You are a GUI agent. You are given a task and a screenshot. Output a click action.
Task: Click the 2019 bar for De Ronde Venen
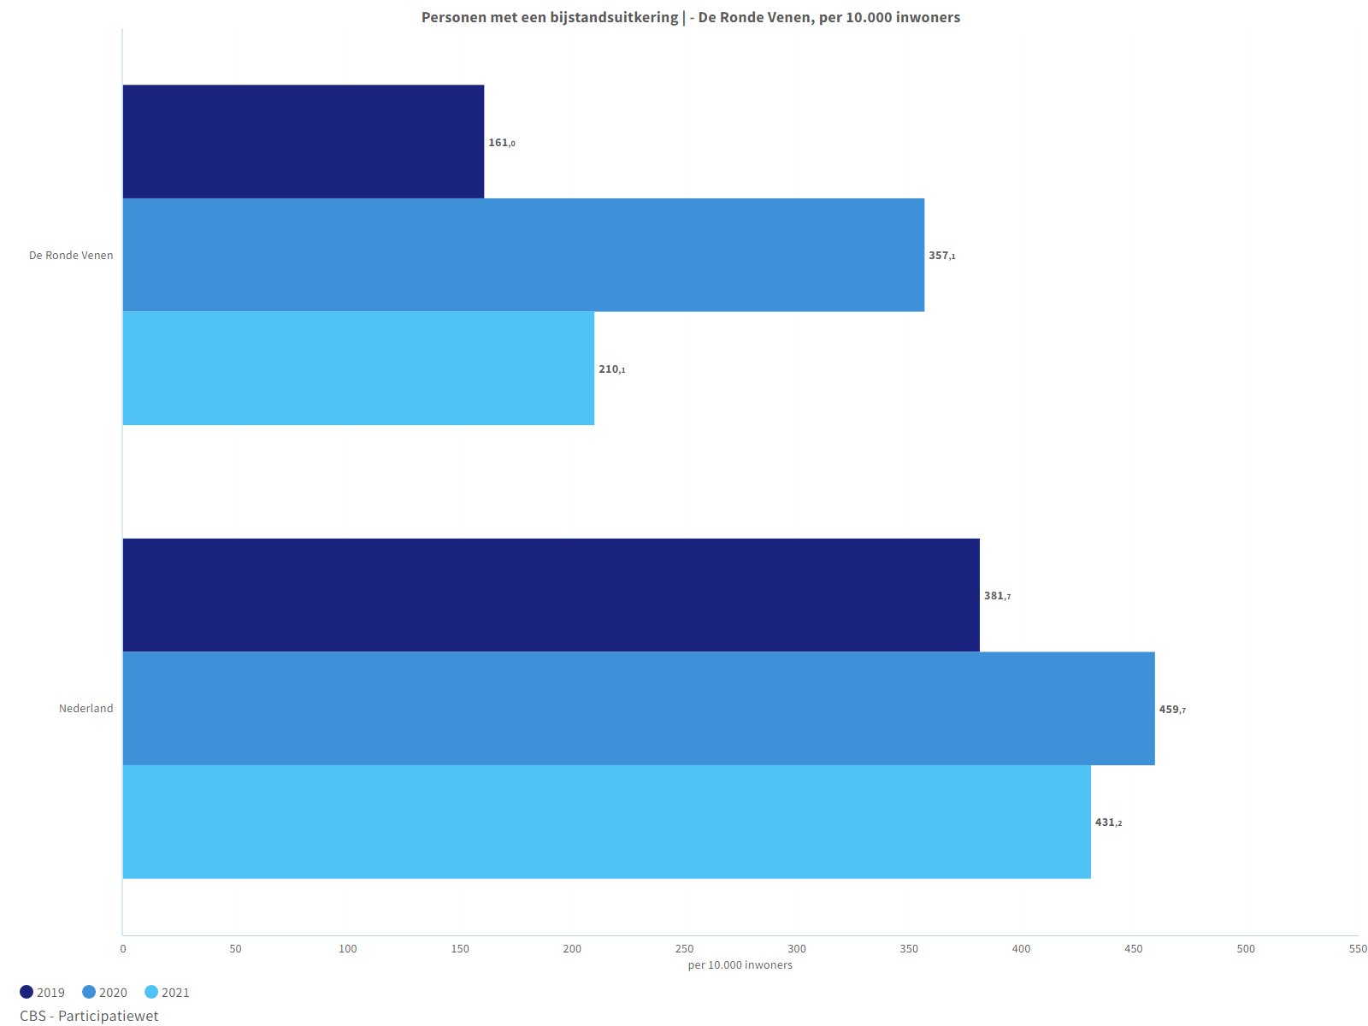(304, 141)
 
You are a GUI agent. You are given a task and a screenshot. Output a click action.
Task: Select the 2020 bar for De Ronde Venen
(523, 255)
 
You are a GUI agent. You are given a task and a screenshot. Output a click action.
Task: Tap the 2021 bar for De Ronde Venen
(358, 369)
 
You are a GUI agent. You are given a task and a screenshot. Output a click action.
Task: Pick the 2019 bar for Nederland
(551, 595)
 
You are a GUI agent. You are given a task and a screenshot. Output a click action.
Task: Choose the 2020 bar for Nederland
(639, 709)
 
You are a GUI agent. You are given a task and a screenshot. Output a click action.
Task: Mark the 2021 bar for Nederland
(606, 822)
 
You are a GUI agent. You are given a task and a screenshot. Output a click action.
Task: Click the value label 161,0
(502, 143)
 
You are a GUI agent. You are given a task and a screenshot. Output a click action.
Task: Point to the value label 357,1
(942, 256)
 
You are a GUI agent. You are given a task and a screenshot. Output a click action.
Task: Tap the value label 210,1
(612, 369)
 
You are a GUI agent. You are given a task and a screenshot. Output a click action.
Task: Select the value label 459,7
(1172, 710)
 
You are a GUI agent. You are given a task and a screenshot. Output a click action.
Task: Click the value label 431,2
(1108, 823)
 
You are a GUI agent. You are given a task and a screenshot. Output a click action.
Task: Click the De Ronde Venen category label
(71, 256)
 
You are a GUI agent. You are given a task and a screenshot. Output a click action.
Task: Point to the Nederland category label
(85, 709)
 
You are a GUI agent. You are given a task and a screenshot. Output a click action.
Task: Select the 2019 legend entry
(43, 993)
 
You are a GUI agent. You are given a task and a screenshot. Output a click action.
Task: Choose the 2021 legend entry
(168, 993)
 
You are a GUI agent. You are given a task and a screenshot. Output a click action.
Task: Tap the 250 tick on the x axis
(684, 949)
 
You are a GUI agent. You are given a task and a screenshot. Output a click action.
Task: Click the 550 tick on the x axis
(1358, 949)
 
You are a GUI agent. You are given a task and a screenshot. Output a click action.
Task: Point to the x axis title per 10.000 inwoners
(740, 965)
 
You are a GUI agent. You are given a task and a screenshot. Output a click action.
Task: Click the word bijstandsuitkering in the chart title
(614, 17)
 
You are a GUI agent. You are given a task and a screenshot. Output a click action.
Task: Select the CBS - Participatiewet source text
(89, 1016)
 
